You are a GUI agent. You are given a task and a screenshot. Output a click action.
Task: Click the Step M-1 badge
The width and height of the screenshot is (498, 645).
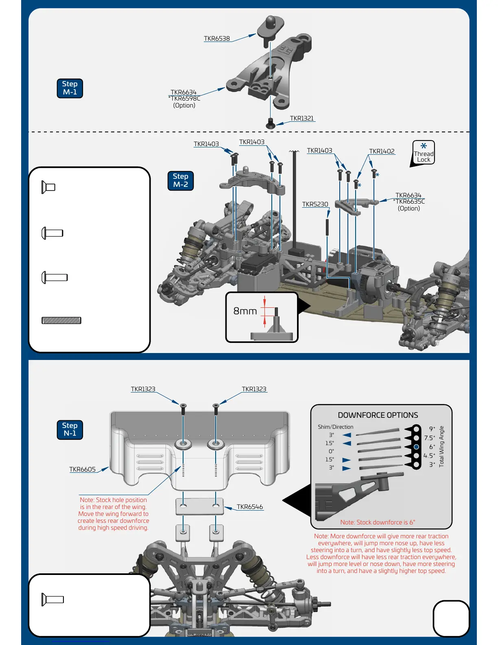(70, 88)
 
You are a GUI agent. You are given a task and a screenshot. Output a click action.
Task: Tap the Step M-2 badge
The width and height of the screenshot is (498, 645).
(180, 180)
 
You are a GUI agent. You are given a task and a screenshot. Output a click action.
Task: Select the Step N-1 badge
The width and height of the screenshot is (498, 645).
(70, 430)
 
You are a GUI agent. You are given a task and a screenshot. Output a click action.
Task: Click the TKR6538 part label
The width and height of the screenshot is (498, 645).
(216, 39)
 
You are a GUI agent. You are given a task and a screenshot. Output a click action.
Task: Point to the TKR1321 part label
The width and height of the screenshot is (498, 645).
(301, 118)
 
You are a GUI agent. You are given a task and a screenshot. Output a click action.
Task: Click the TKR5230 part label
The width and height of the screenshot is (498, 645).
(315, 204)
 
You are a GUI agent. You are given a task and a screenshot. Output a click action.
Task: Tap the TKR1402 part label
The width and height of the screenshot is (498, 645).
(382, 151)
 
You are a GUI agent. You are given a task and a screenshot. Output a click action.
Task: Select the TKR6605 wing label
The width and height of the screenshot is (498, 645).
(82, 469)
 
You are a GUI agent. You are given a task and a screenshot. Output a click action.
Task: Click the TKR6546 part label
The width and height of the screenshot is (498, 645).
(250, 507)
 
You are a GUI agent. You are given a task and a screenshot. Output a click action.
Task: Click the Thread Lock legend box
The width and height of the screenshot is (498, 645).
(424, 153)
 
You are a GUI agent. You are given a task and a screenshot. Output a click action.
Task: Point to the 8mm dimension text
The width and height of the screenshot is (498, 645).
(245, 311)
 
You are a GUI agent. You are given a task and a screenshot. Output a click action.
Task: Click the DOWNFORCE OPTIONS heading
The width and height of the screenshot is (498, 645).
(378, 415)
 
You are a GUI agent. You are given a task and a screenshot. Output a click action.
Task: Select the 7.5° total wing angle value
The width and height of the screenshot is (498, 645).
(430, 438)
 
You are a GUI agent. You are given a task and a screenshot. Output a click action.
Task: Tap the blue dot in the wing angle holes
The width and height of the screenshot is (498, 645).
(416, 447)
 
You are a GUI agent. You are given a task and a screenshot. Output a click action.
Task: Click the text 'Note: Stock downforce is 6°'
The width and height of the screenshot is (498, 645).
(378, 522)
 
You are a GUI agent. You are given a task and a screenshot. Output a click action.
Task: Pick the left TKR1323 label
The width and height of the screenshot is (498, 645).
(143, 389)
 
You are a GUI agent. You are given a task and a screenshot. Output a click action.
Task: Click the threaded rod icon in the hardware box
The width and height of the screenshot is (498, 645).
(61, 320)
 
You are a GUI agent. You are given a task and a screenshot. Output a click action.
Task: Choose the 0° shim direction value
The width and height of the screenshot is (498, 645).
(331, 451)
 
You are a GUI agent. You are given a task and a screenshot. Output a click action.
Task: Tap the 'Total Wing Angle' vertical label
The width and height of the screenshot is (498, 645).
(442, 446)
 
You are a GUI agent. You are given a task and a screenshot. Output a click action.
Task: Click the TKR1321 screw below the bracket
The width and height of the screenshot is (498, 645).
(271, 124)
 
